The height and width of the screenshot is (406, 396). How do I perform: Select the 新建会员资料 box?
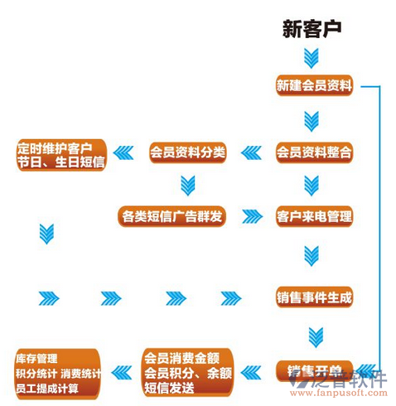pos(314,85)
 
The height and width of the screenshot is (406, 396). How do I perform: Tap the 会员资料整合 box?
pos(314,152)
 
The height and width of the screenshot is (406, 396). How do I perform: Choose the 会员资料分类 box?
pos(187,152)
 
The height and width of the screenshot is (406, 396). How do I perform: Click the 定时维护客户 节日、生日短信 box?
pos(60,154)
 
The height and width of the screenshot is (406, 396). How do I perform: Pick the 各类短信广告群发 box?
pos(171,217)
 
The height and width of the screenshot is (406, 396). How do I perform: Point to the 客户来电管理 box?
pos(314,217)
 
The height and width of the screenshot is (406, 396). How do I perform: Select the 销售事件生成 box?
pos(314,296)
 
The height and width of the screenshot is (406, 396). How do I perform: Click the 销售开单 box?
pos(314,370)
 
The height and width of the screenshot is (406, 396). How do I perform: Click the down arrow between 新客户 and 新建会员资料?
pos(311,58)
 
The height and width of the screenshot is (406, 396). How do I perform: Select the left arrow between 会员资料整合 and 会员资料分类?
pos(252,152)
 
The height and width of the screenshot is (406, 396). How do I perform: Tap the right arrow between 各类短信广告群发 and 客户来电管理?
pos(252,217)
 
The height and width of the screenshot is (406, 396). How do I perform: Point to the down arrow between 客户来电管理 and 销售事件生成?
pos(311,254)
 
